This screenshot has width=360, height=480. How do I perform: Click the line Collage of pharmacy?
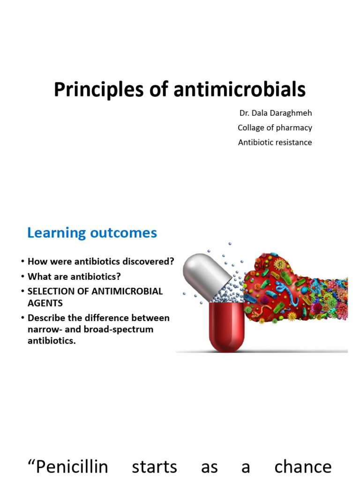coord(275,127)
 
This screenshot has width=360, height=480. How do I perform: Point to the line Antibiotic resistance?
coord(275,142)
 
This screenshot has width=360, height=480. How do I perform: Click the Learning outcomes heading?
coord(92,232)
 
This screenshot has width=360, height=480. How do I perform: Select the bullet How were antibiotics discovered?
coord(101,262)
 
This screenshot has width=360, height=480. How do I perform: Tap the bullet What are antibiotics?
coord(74,277)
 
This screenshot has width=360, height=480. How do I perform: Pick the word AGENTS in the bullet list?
coord(45,303)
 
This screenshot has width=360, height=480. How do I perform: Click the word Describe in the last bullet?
coord(46,318)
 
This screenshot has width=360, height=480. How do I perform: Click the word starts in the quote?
coord(154,466)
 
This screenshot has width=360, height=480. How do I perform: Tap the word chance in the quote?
coord(302,466)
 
